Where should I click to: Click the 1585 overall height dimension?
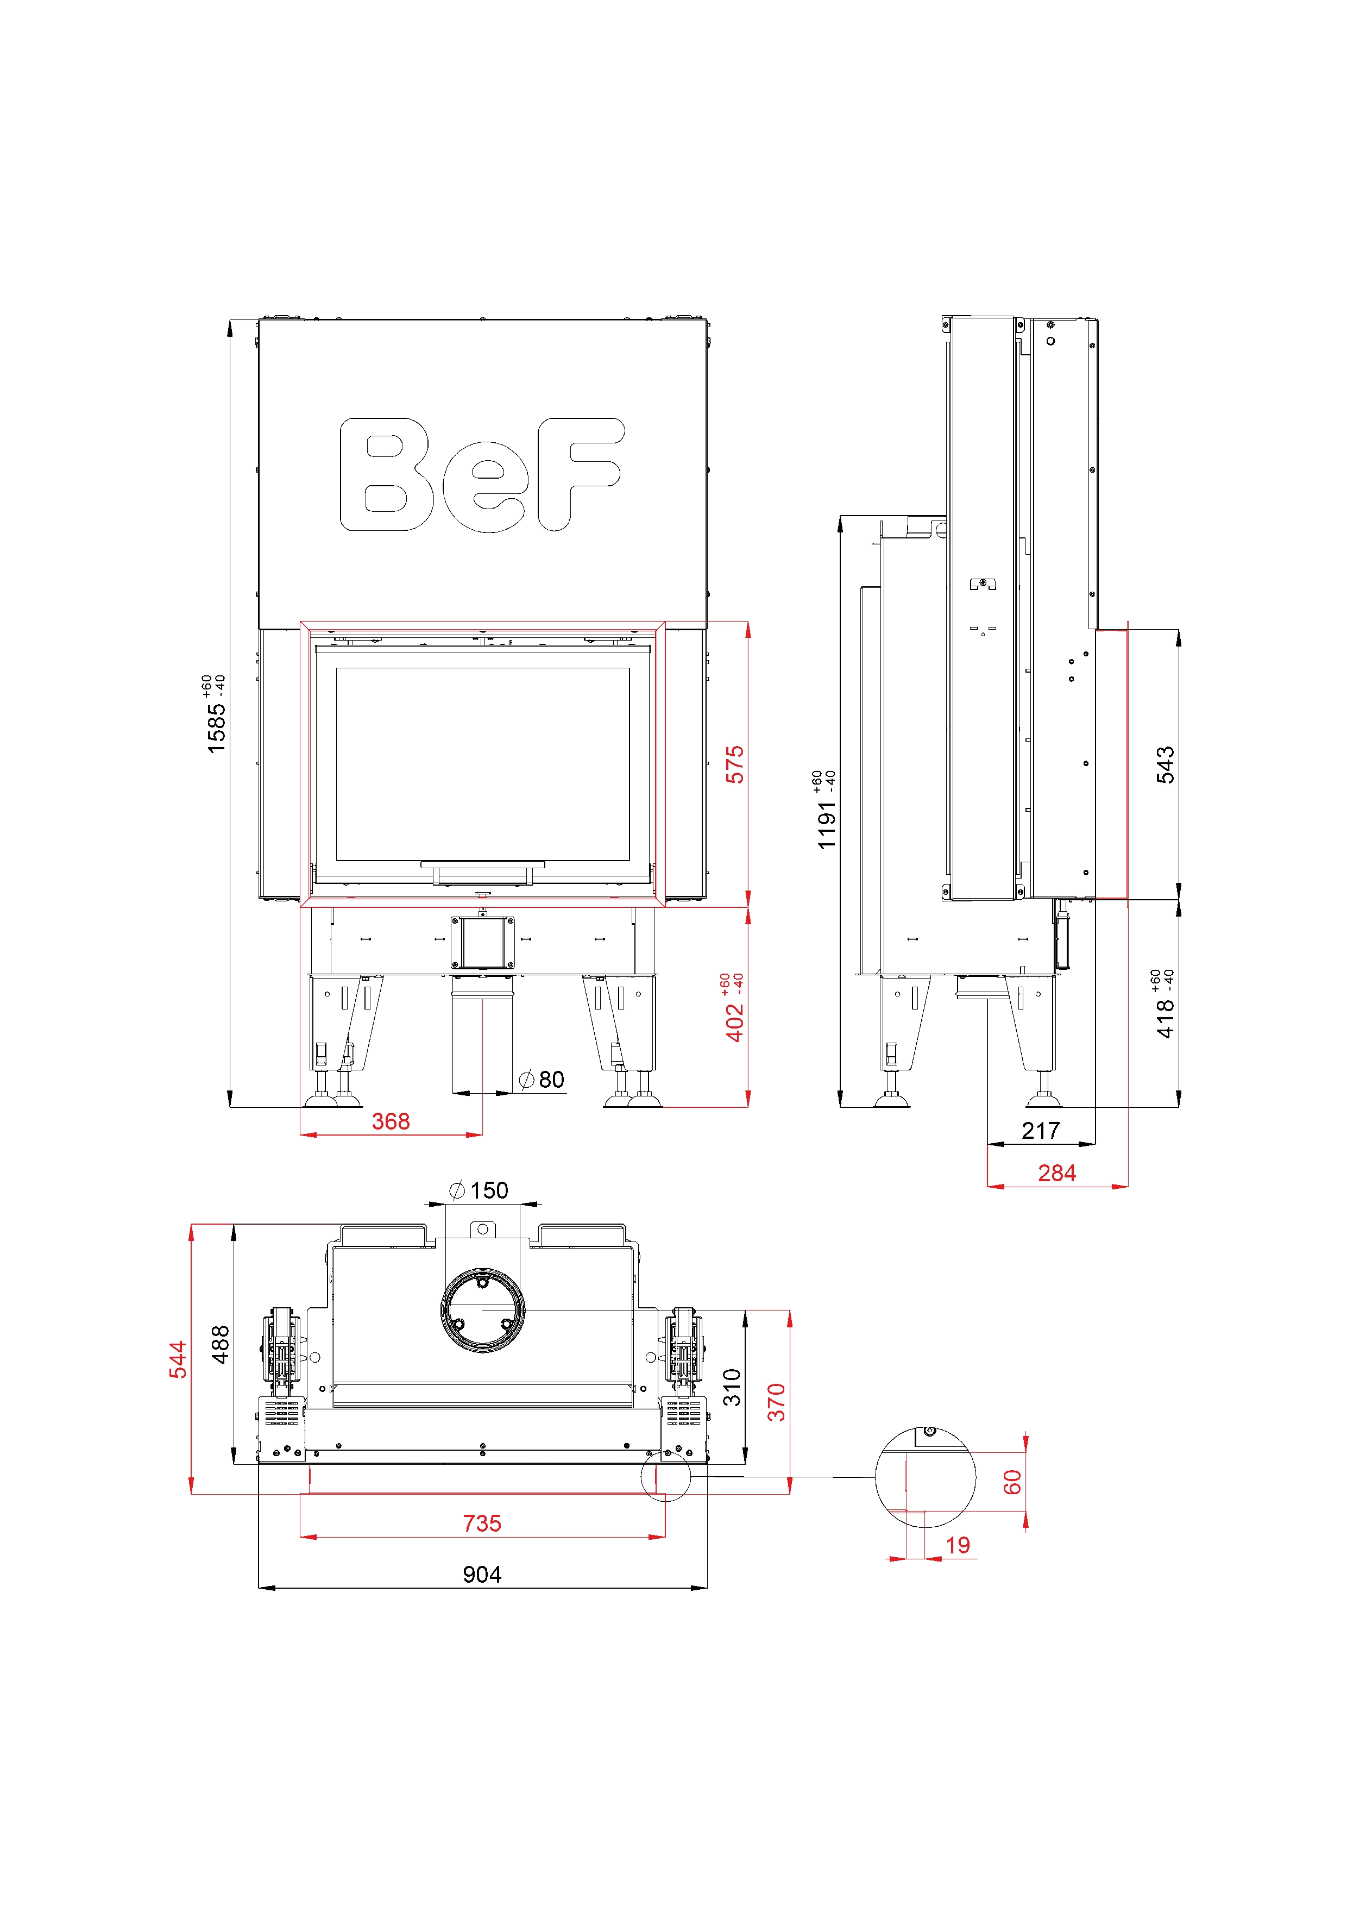[216, 729]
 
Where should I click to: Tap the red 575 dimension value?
[735, 764]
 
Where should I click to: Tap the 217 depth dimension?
[1041, 1131]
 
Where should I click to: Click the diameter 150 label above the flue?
[479, 1190]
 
